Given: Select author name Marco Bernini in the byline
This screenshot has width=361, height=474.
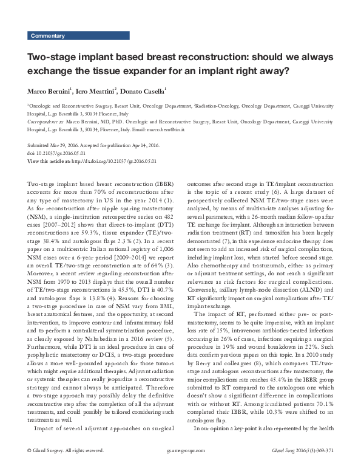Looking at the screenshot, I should click(49, 91).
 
